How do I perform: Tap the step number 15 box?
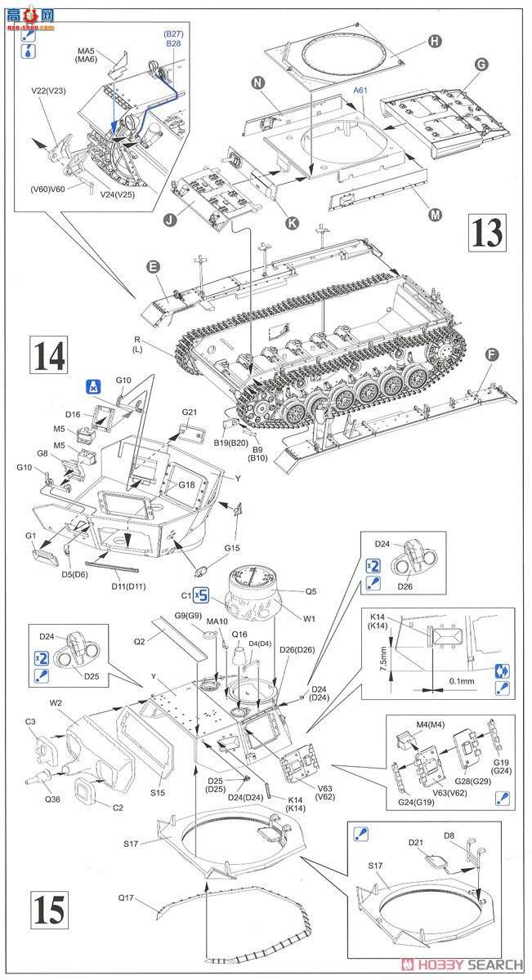[48, 909]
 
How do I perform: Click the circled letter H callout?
[435, 41]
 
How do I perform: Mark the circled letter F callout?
[490, 354]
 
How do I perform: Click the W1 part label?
[309, 618]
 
